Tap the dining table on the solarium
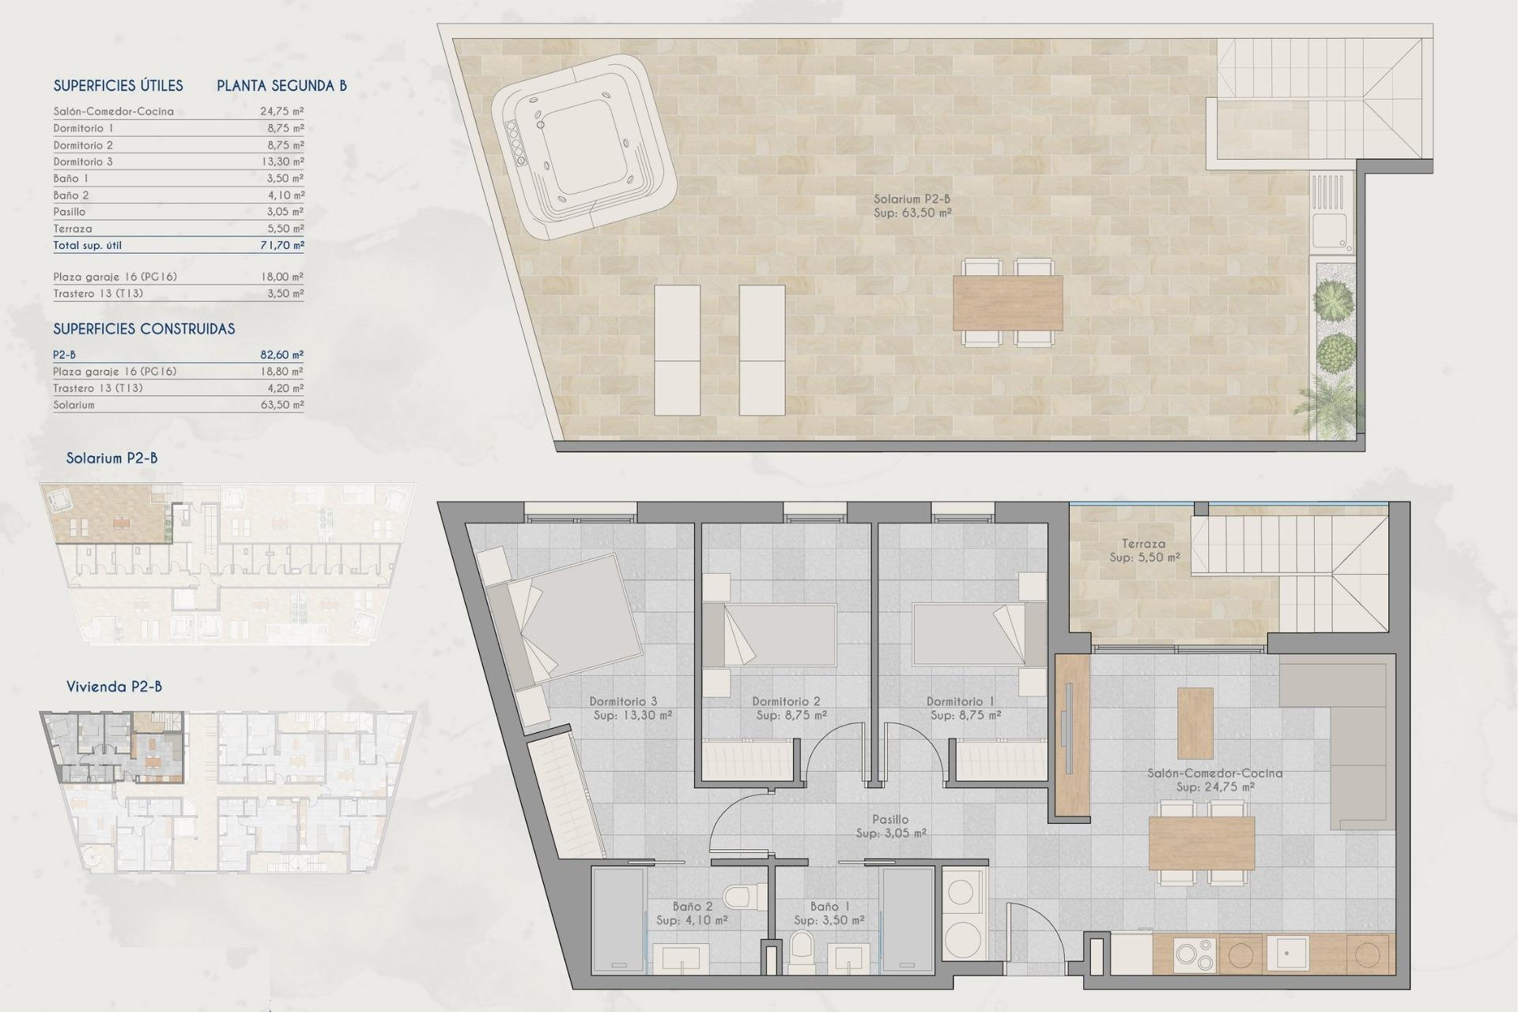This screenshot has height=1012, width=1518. coord(1007,303)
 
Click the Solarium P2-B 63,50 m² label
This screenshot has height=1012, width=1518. coord(912,206)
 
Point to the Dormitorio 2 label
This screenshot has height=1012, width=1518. coord(786,701)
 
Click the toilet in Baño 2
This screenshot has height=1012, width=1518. coord(742,897)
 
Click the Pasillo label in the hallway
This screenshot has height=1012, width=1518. coord(890,820)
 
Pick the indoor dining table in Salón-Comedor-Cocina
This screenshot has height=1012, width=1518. coord(1202,843)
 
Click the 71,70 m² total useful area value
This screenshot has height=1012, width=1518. coord(282,245)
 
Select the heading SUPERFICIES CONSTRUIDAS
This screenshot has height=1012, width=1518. coord(144,329)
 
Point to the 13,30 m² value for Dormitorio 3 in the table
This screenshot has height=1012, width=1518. coord(282,161)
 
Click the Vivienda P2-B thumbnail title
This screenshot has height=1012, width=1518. coord(114,686)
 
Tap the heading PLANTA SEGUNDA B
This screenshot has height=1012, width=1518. coord(281,86)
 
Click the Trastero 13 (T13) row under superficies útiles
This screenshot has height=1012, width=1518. coord(98,293)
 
